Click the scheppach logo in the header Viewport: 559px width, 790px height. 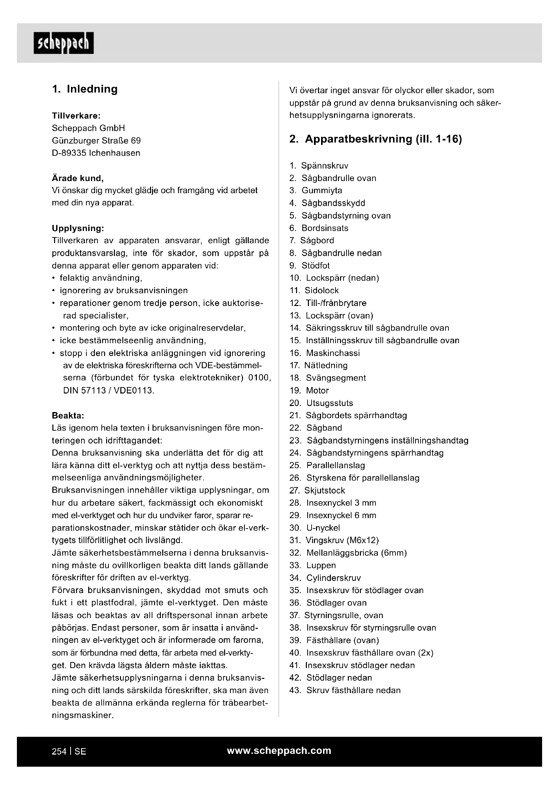[x=63, y=43]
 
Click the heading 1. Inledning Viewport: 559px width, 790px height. [x=85, y=89]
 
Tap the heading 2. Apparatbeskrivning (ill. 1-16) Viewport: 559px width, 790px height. [x=375, y=139]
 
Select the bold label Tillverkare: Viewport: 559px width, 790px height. [x=76, y=116]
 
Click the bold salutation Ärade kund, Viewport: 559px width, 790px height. [x=77, y=178]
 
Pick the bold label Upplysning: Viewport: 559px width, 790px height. [x=78, y=228]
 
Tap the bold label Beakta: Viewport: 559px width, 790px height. [x=68, y=415]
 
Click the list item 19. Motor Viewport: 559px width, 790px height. [x=309, y=390]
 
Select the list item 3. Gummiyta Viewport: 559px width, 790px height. [x=316, y=190]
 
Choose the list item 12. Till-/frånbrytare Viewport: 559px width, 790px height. [x=328, y=303]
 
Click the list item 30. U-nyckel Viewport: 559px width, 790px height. [x=315, y=528]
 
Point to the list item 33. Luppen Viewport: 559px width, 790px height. [x=313, y=565]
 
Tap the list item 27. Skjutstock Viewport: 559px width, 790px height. [x=317, y=490]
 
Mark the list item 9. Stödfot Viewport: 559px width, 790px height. [x=310, y=265]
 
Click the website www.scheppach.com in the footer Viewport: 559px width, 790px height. [x=279, y=750]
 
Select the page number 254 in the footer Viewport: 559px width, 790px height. [x=59, y=751]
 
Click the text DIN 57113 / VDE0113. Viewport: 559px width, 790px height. [x=109, y=390]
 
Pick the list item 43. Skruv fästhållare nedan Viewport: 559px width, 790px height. [x=345, y=690]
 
